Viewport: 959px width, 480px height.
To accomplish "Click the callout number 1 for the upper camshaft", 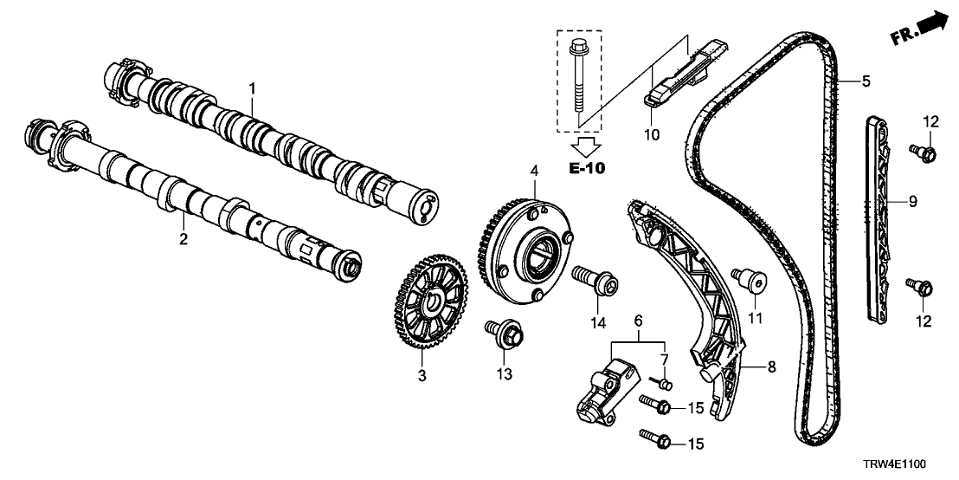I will point(252,88).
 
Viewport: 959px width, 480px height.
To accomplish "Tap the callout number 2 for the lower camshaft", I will point(183,238).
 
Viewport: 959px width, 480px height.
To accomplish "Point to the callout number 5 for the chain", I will point(866,82).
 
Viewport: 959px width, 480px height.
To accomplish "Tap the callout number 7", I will point(665,359).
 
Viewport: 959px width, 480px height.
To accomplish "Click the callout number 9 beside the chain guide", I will point(912,202).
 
